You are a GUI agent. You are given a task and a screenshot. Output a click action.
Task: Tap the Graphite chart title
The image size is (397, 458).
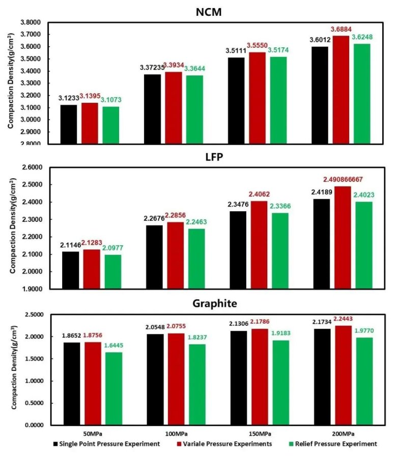pos(211,304)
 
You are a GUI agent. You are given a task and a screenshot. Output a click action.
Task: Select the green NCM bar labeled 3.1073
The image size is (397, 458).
pos(110,125)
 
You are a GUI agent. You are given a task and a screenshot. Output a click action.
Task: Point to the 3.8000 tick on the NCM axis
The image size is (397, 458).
pos(32,22)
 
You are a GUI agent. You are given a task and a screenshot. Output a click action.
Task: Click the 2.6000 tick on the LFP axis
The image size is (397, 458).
pos(32,167)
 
